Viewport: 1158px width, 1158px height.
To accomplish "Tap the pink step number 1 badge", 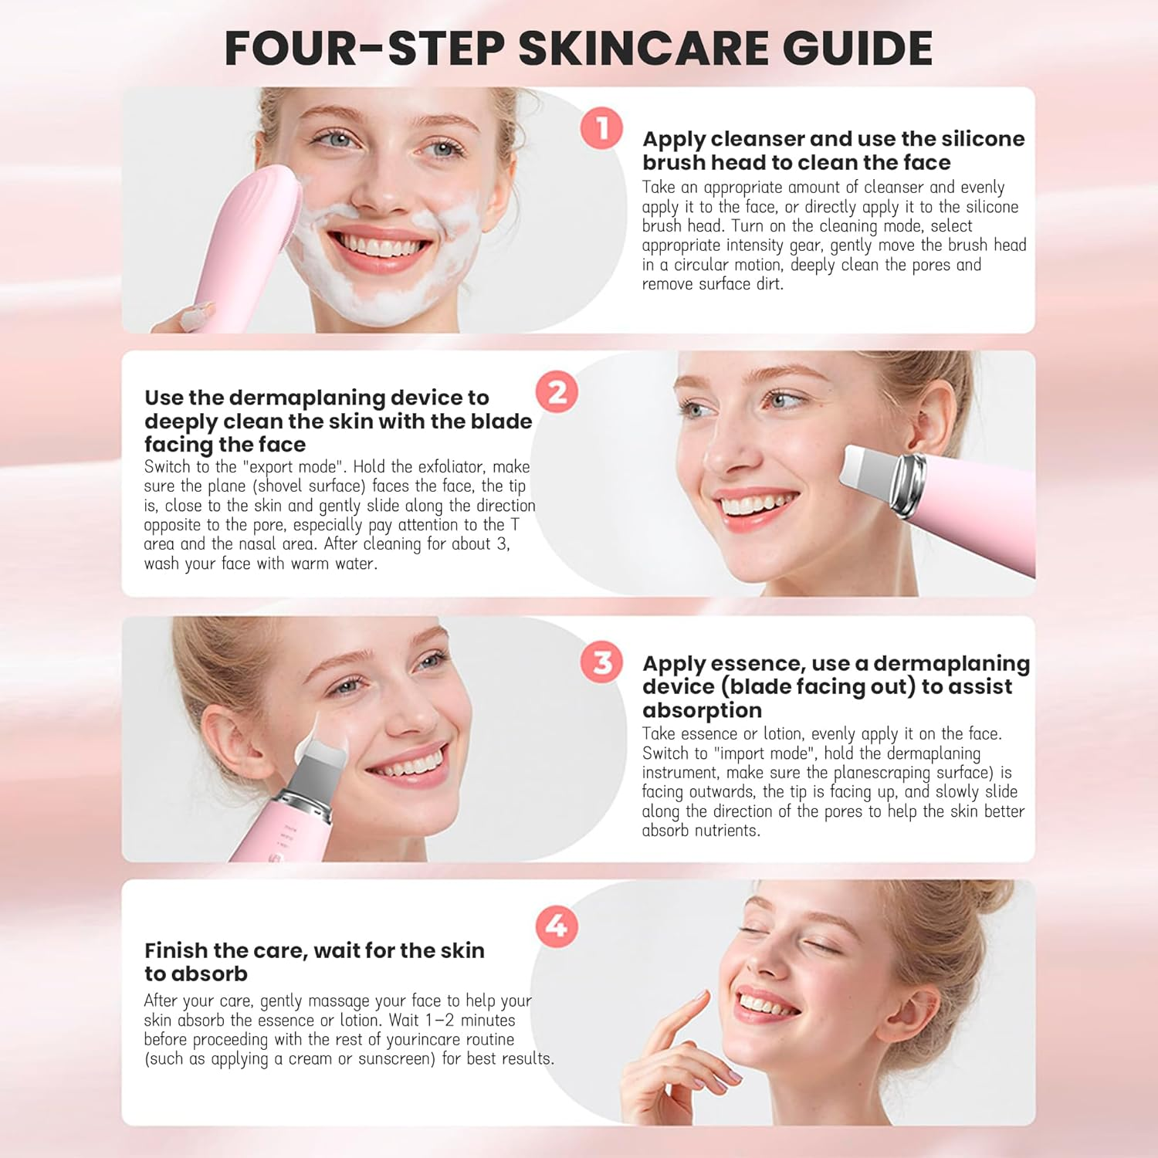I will [x=601, y=128].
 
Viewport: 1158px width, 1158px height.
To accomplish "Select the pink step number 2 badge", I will [x=557, y=392].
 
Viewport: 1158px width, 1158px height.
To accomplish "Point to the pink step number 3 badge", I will [x=601, y=662].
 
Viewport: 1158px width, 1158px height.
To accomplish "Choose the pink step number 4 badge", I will [x=557, y=926].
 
